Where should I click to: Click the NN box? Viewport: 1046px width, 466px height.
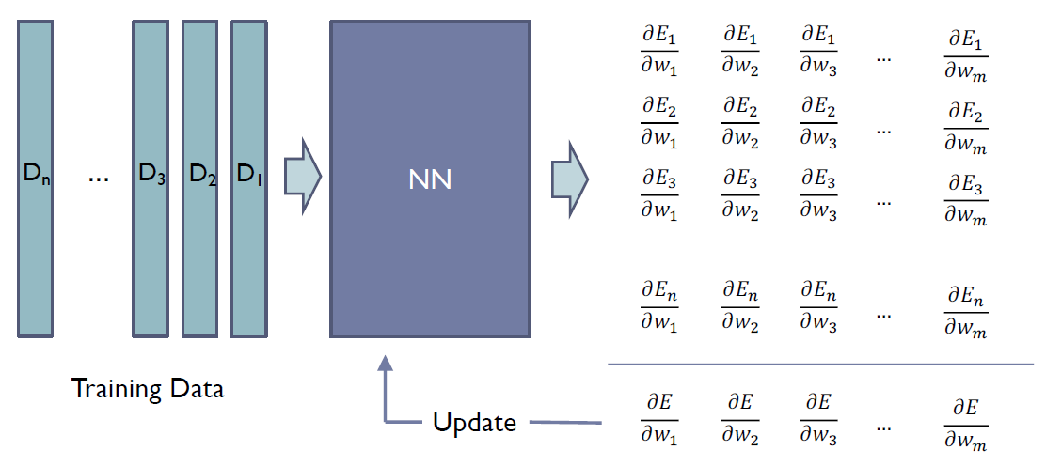430,179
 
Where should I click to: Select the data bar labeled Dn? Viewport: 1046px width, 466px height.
35,179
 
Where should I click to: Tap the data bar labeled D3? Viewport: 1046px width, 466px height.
150,179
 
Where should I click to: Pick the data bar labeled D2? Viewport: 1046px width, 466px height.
199,179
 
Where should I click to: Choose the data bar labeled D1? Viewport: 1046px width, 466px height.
248,179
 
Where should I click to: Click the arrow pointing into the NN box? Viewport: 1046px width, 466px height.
302,176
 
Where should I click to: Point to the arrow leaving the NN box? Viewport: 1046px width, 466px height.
569,176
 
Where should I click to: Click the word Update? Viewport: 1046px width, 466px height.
474,422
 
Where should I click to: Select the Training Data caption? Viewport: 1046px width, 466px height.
148,388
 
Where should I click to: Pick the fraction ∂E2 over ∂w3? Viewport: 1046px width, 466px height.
819,122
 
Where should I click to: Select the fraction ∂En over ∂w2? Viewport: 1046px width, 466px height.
740,306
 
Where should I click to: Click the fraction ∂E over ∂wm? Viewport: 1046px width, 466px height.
967,423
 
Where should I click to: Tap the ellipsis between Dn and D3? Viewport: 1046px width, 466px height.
97,176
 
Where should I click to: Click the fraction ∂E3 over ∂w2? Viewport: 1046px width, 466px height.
740,194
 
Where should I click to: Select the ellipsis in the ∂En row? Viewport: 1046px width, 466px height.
883,312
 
